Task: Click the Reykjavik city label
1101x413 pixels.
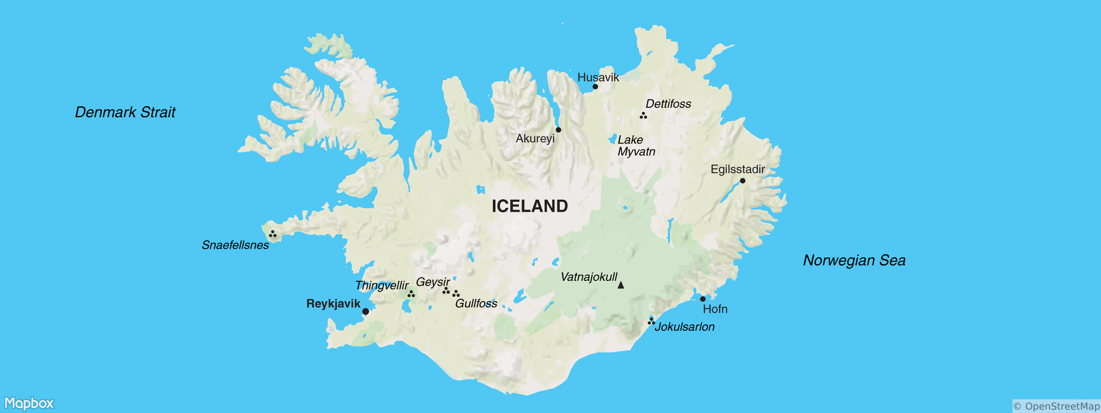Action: coord(333,304)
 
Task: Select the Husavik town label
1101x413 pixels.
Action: coord(598,77)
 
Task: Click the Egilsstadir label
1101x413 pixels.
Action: coord(738,169)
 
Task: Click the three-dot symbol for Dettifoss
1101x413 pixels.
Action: coord(643,115)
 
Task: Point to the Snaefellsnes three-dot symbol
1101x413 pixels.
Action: coord(272,234)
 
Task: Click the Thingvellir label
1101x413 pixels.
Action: coord(382,285)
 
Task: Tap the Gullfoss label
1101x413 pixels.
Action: coord(476,304)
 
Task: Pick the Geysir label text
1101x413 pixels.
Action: coord(432,282)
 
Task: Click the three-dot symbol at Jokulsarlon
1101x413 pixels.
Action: coord(651,321)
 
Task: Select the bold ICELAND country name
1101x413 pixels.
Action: coord(530,206)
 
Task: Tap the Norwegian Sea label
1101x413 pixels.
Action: coord(854,261)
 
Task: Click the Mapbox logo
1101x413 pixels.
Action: coord(29,403)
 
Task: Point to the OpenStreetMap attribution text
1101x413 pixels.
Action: coord(1056,406)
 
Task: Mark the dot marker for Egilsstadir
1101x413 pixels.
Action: coord(742,181)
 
